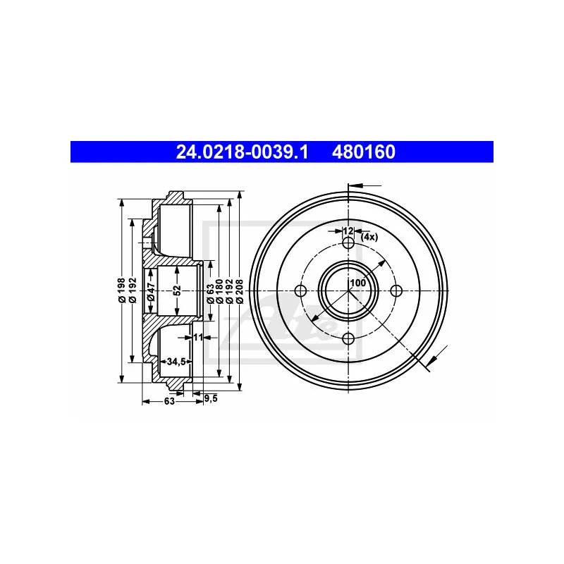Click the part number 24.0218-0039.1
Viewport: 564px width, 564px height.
click(242, 152)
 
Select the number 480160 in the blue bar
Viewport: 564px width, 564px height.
click(364, 152)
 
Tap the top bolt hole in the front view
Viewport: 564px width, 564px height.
click(348, 243)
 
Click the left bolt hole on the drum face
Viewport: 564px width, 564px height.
click(300, 290)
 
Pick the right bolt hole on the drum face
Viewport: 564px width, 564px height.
click(396, 290)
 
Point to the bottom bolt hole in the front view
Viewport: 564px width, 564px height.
click(348, 338)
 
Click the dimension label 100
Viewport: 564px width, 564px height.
click(358, 283)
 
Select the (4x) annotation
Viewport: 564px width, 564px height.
click(369, 237)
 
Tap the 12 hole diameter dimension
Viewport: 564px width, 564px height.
click(348, 231)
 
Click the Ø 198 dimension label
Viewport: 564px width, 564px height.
click(122, 290)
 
